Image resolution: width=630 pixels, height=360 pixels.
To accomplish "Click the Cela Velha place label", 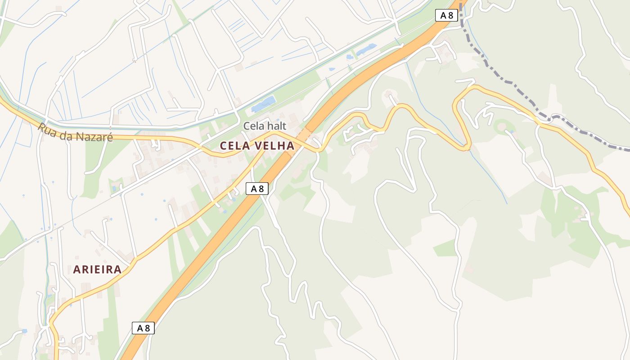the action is pos(257,146).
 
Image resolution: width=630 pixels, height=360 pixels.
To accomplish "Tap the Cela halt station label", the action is pos(265,126).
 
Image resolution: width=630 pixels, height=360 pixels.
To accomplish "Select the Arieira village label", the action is pos(97,270).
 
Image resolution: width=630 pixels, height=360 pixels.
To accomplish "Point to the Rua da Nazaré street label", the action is pos(75,133).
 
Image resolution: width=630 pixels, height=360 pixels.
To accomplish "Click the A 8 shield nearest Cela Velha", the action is pos(257,189).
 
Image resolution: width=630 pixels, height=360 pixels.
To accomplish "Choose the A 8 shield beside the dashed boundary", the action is pos(446,15).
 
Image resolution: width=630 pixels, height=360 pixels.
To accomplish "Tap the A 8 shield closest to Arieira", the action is pos(143,328).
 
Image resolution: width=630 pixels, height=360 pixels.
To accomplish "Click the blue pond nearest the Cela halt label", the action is pos(263,104).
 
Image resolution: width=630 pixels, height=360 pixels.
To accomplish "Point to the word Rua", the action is pos(46,128).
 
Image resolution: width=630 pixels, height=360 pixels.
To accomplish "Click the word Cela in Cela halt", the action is pos(252,126).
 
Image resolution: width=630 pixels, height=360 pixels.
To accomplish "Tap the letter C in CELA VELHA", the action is pos(223,146).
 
